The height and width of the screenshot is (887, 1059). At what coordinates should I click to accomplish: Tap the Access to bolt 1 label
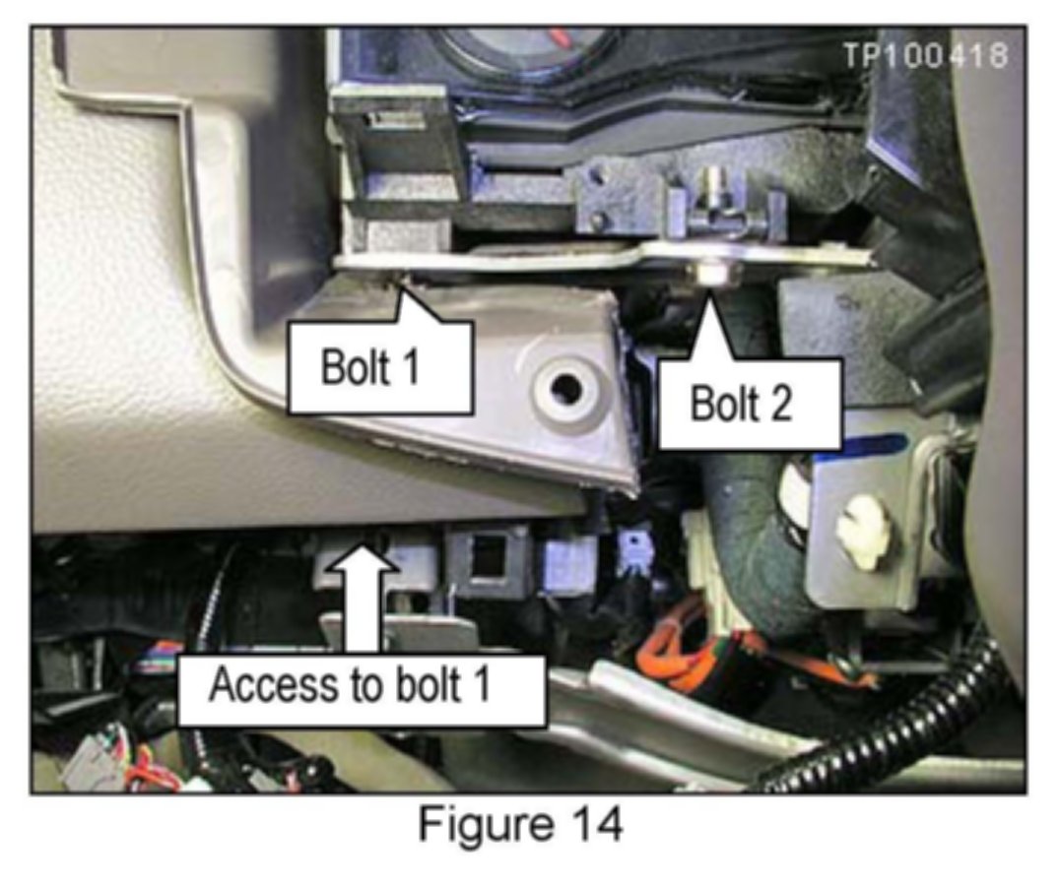click(x=363, y=686)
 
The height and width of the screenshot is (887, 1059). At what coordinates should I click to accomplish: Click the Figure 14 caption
click(x=520, y=825)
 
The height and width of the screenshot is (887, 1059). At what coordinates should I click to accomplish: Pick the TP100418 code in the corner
click(x=925, y=56)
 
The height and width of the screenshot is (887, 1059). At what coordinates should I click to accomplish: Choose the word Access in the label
click(x=266, y=686)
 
